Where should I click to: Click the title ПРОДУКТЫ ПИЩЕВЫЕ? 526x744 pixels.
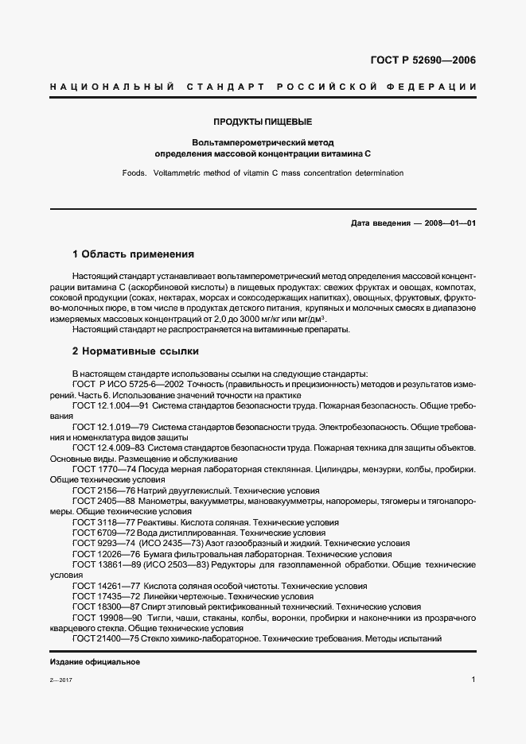(x=262, y=122)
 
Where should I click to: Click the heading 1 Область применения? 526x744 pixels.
(x=133, y=254)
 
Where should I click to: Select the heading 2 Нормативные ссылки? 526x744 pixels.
(x=135, y=351)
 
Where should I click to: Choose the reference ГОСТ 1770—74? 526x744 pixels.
(x=99, y=469)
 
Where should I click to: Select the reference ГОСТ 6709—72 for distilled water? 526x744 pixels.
(x=99, y=532)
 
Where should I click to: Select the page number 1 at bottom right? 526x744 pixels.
(x=473, y=680)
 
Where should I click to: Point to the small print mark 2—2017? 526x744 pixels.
(x=60, y=681)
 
